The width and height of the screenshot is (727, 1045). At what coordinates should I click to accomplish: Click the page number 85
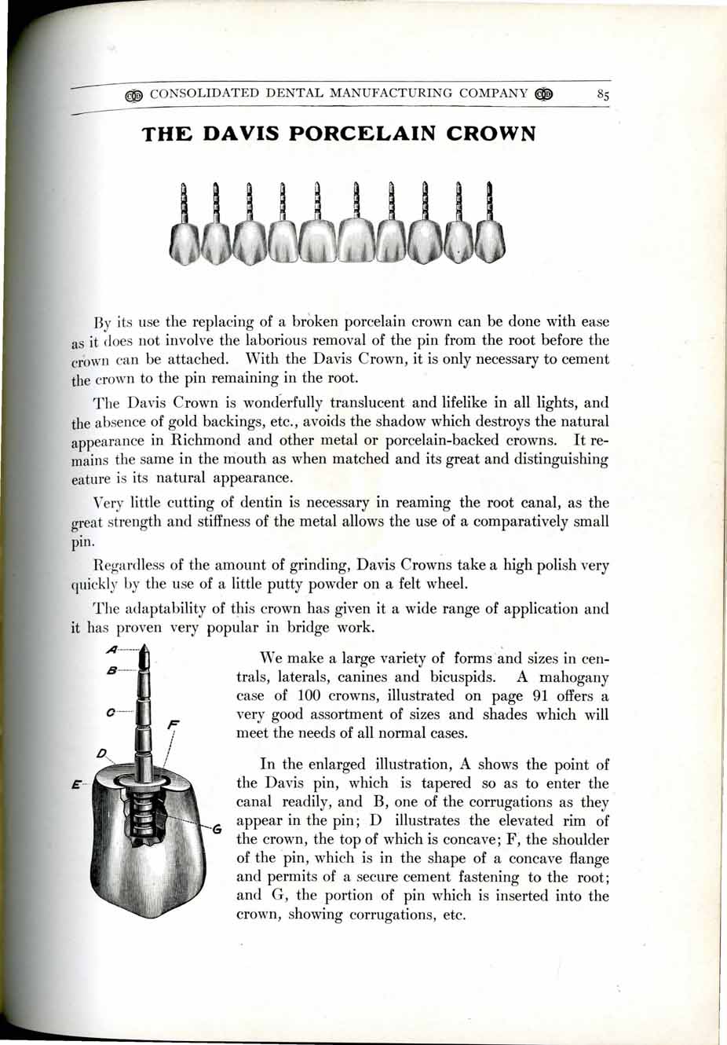(603, 94)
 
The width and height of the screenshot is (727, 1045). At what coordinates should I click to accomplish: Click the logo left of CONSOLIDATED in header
(134, 94)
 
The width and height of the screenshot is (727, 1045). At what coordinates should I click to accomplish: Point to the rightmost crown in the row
(489, 240)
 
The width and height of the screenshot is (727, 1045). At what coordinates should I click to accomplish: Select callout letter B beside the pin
(113, 670)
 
